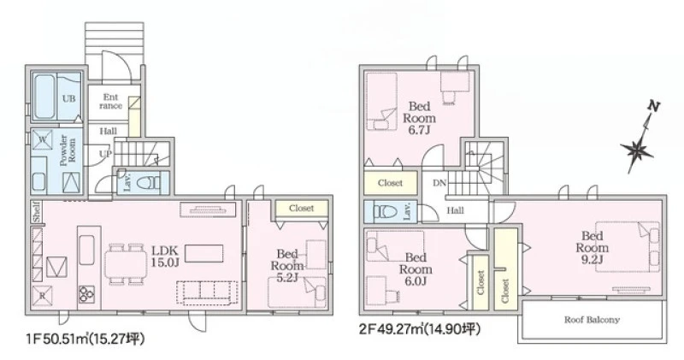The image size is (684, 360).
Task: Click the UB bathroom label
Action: (x=68, y=98)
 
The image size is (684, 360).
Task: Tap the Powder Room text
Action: (x=68, y=150)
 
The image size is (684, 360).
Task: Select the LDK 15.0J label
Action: (x=165, y=257)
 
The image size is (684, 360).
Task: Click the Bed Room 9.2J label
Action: (x=592, y=248)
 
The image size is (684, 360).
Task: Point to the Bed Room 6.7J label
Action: (x=419, y=118)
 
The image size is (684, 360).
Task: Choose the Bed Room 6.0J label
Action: (x=416, y=269)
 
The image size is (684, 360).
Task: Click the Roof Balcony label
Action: (x=592, y=320)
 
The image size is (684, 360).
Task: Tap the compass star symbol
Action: (x=636, y=151)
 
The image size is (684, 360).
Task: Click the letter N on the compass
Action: (x=653, y=106)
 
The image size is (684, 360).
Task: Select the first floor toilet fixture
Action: (x=147, y=183)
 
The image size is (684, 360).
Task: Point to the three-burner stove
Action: (x=86, y=294)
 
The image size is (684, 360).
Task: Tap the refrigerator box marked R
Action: (x=42, y=295)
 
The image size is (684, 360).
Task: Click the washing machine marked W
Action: (x=42, y=139)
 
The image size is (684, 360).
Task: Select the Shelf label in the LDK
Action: (x=37, y=211)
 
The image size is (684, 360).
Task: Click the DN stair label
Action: (x=439, y=183)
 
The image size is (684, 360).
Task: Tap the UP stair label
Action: (x=105, y=154)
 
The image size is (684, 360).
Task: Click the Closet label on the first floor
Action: (x=302, y=208)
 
